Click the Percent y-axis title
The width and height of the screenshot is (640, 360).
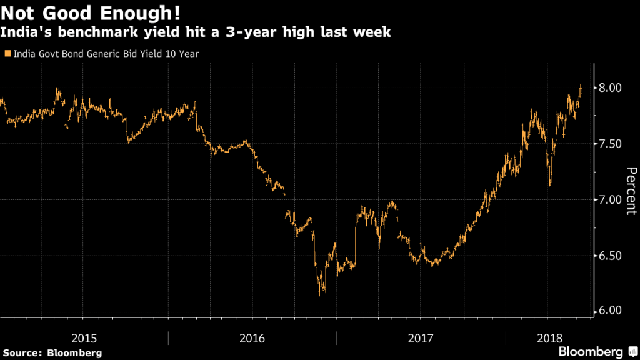[x=631, y=191]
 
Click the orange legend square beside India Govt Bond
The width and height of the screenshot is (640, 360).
[x=7, y=54]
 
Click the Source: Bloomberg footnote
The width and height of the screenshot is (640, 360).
[x=52, y=353]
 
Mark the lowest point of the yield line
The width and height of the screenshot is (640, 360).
[x=321, y=294]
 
